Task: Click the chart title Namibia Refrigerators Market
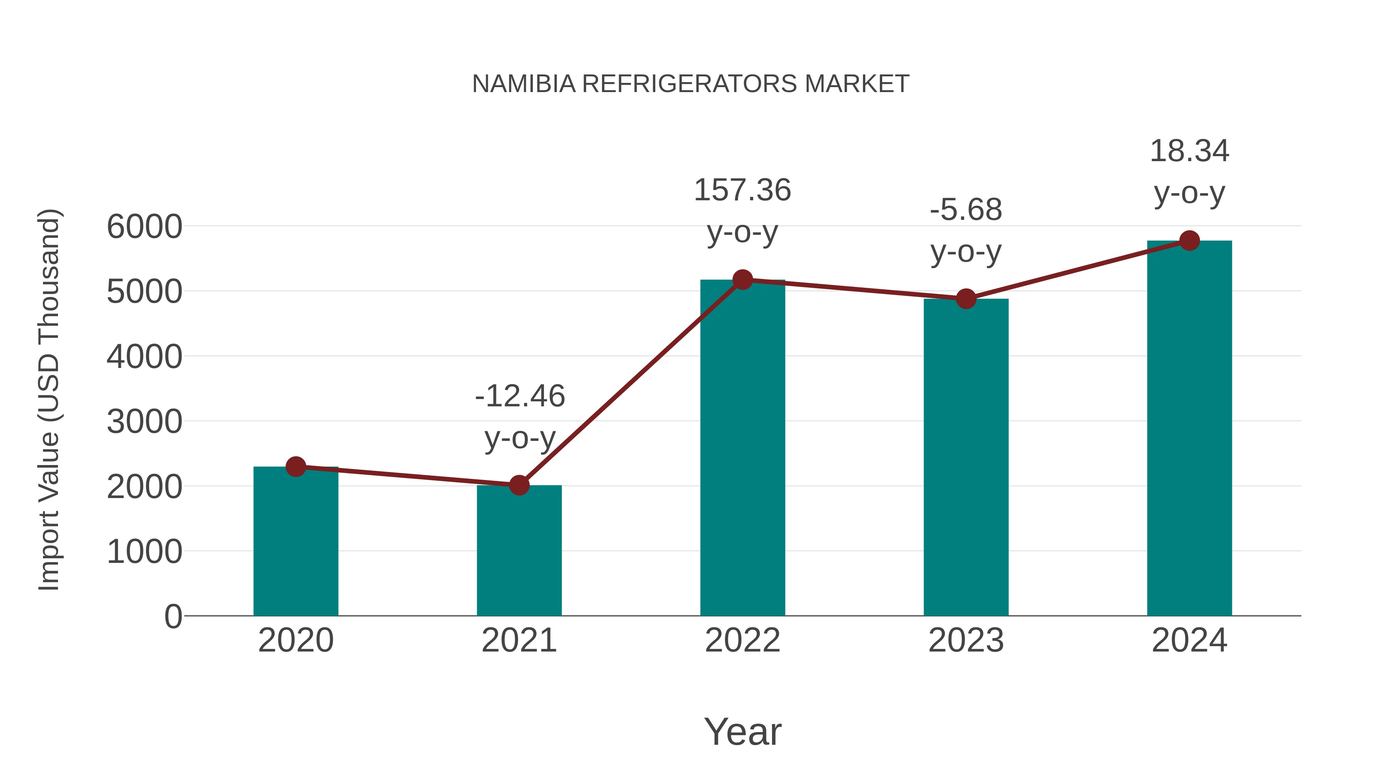tap(691, 84)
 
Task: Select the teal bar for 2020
tap(296, 541)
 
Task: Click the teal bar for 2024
tap(1189, 429)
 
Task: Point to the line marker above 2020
tap(296, 467)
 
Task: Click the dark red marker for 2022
tap(742, 279)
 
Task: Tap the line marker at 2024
tap(1189, 241)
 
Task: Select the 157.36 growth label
tap(742, 190)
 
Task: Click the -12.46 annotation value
tap(519, 396)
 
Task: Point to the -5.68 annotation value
tap(966, 210)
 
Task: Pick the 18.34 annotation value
tap(1189, 151)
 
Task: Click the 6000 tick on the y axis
tap(144, 227)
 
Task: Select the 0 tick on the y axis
tap(173, 617)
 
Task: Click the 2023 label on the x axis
tap(966, 641)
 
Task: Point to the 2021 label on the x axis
tap(519, 641)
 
